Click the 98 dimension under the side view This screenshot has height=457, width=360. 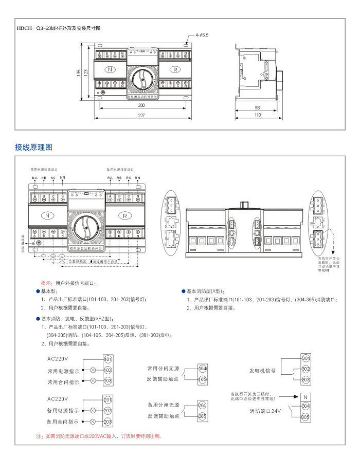[256, 107]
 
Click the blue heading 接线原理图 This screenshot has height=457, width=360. [34, 147]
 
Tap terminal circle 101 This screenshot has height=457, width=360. [108, 359]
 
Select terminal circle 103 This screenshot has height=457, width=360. [108, 381]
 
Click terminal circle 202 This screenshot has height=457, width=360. [108, 411]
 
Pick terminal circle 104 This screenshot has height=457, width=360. [202, 369]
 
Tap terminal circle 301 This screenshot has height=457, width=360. [305, 358]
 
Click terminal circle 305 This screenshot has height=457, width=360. [305, 417]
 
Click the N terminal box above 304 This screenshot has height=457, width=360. [305, 397]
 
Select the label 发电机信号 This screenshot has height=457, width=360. [263, 370]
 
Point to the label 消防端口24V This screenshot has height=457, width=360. [265, 411]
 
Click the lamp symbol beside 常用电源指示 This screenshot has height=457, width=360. [93, 370]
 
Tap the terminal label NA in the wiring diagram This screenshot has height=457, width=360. [35, 178]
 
